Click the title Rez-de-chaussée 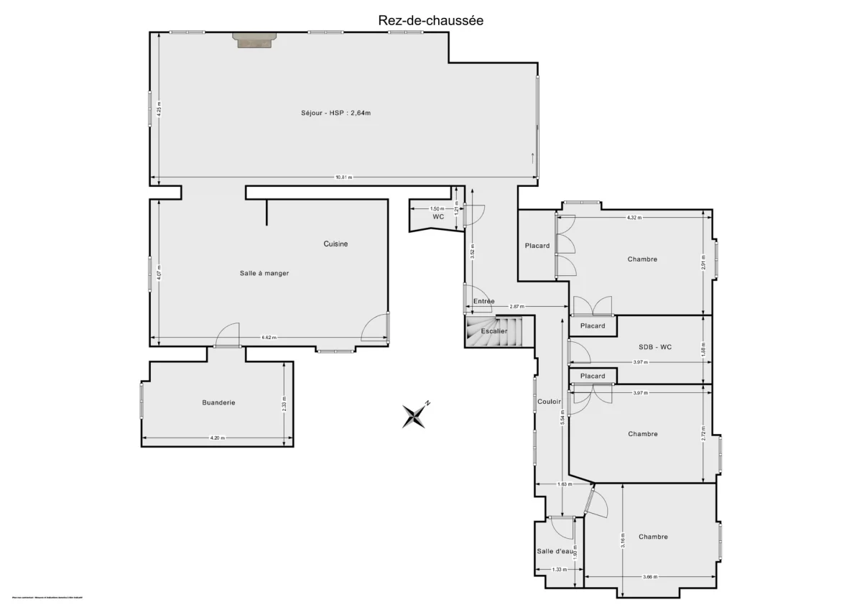[x=430, y=20]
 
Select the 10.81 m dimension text [x=344, y=177]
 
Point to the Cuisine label [x=335, y=244]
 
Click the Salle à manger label [x=264, y=273]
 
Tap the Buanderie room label [x=218, y=402]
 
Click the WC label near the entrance [x=438, y=216]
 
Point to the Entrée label [x=483, y=301]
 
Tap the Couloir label [x=549, y=402]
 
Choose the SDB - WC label [x=655, y=347]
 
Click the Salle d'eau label [x=555, y=551]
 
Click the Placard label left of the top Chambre [x=537, y=246]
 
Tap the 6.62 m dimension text [x=269, y=338]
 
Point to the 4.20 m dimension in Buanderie [x=217, y=438]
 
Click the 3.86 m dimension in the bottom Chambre [x=649, y=577]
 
